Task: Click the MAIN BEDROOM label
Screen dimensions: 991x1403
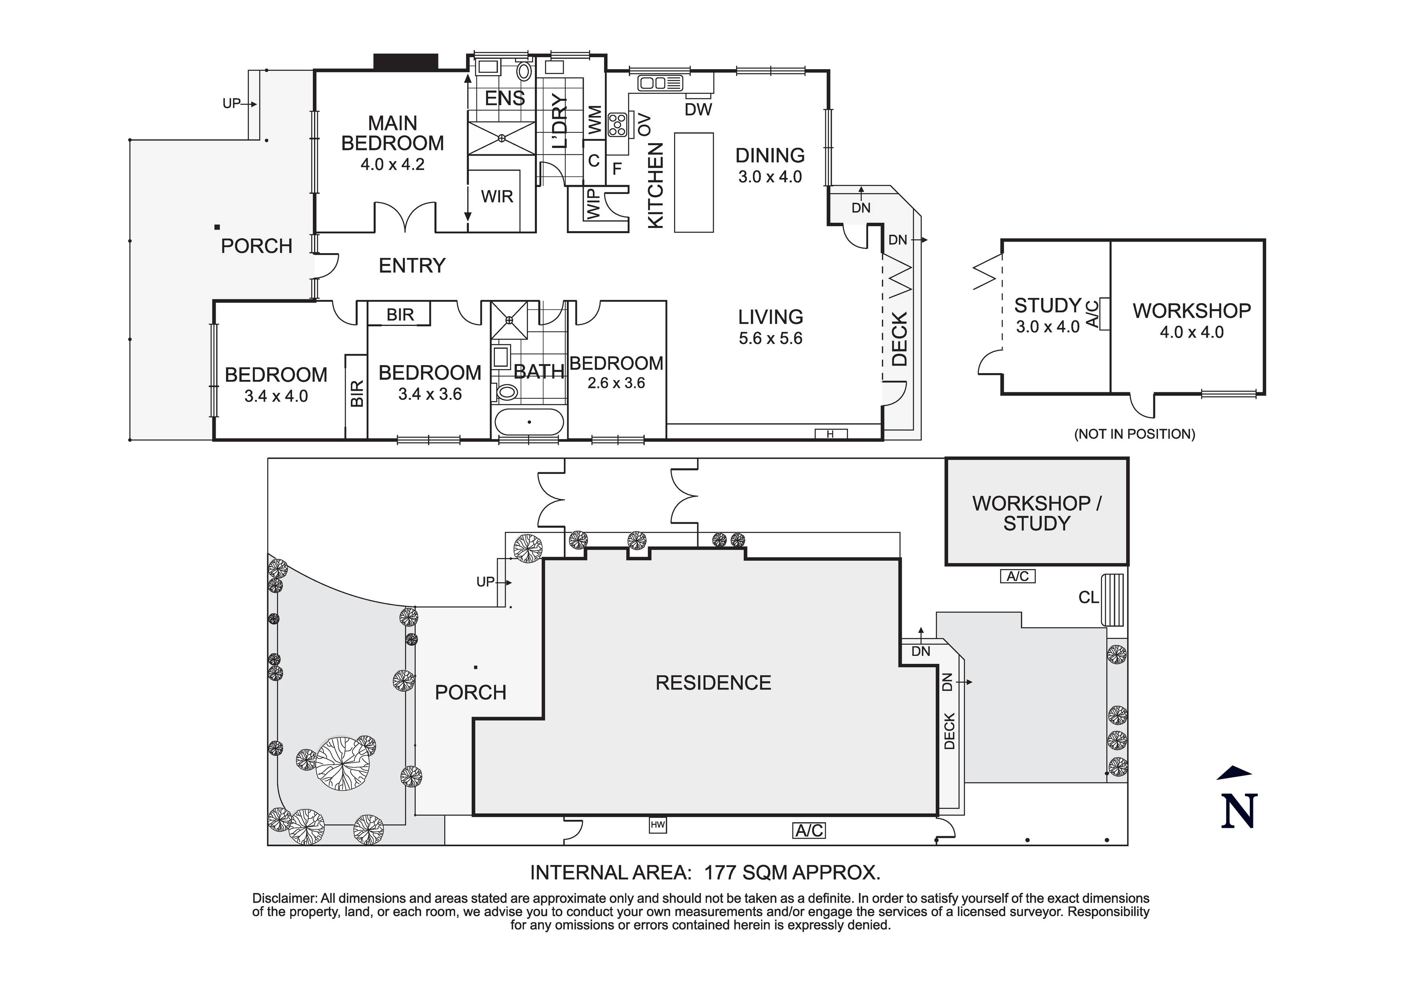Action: [x=392, y=133]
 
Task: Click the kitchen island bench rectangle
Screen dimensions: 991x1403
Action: [x=694, y=182]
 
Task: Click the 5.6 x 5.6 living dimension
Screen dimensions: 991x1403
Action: [x=770, y=338]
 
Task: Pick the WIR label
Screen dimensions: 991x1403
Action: [x=497, y=197]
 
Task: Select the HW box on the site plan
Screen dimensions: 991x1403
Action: [x=658, y=825]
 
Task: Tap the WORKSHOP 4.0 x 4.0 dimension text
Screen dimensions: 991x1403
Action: [x=1192, y=332]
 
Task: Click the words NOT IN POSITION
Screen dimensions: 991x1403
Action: [x=1134, y=434]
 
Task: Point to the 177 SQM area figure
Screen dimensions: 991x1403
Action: [x=744, y=873]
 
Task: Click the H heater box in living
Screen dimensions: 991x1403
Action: [x=831, y=434]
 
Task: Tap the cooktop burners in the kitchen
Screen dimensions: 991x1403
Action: [x=617, y=125]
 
